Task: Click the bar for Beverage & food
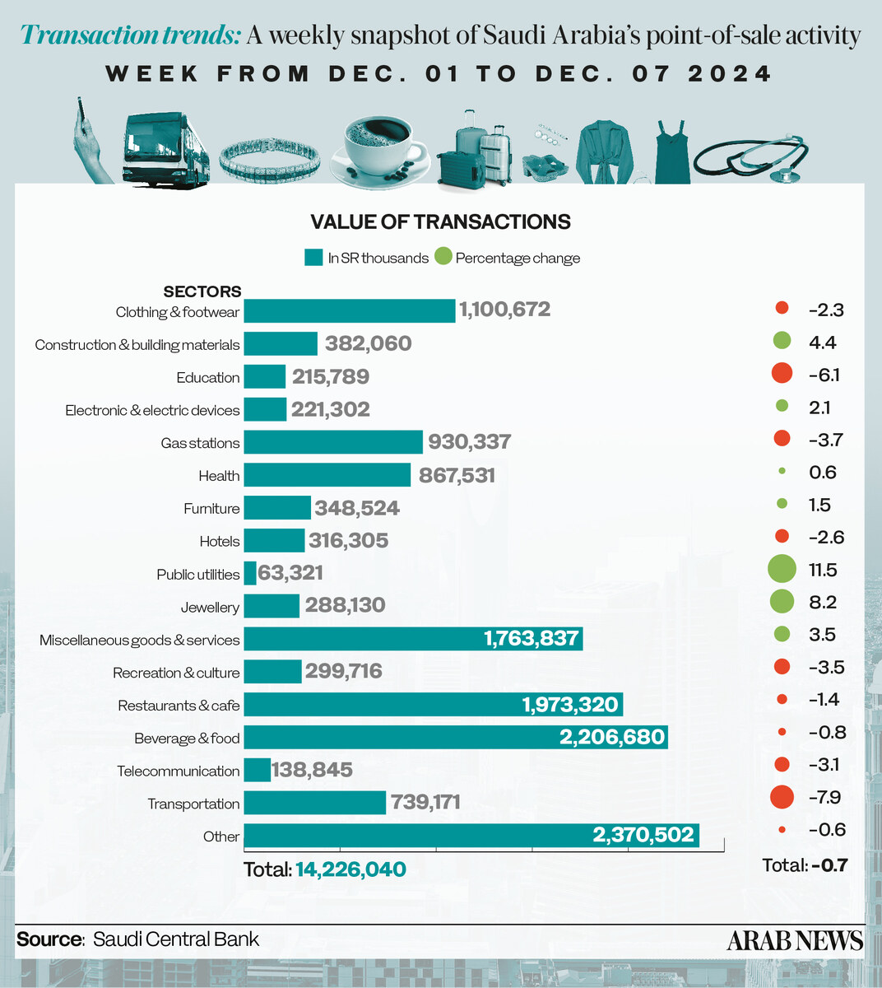(455, 737)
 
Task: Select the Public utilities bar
(250, 573)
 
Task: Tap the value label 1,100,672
(504, 310)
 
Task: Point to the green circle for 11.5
(782, 569)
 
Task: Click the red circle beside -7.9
(782, 796)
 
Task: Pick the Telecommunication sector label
(178, 771)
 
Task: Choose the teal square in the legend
(313, 257)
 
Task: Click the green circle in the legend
(443, 257)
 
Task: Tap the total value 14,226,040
(350, 869)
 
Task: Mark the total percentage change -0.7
(829, 864)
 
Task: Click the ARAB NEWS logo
(795, 940)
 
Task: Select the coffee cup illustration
(378, 147)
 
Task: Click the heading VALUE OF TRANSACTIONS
(440, 221)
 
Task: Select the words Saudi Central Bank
(176, 939)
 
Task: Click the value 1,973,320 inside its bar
(569, 704)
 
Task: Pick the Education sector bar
(265, 376)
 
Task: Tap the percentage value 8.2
(823, 602)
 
